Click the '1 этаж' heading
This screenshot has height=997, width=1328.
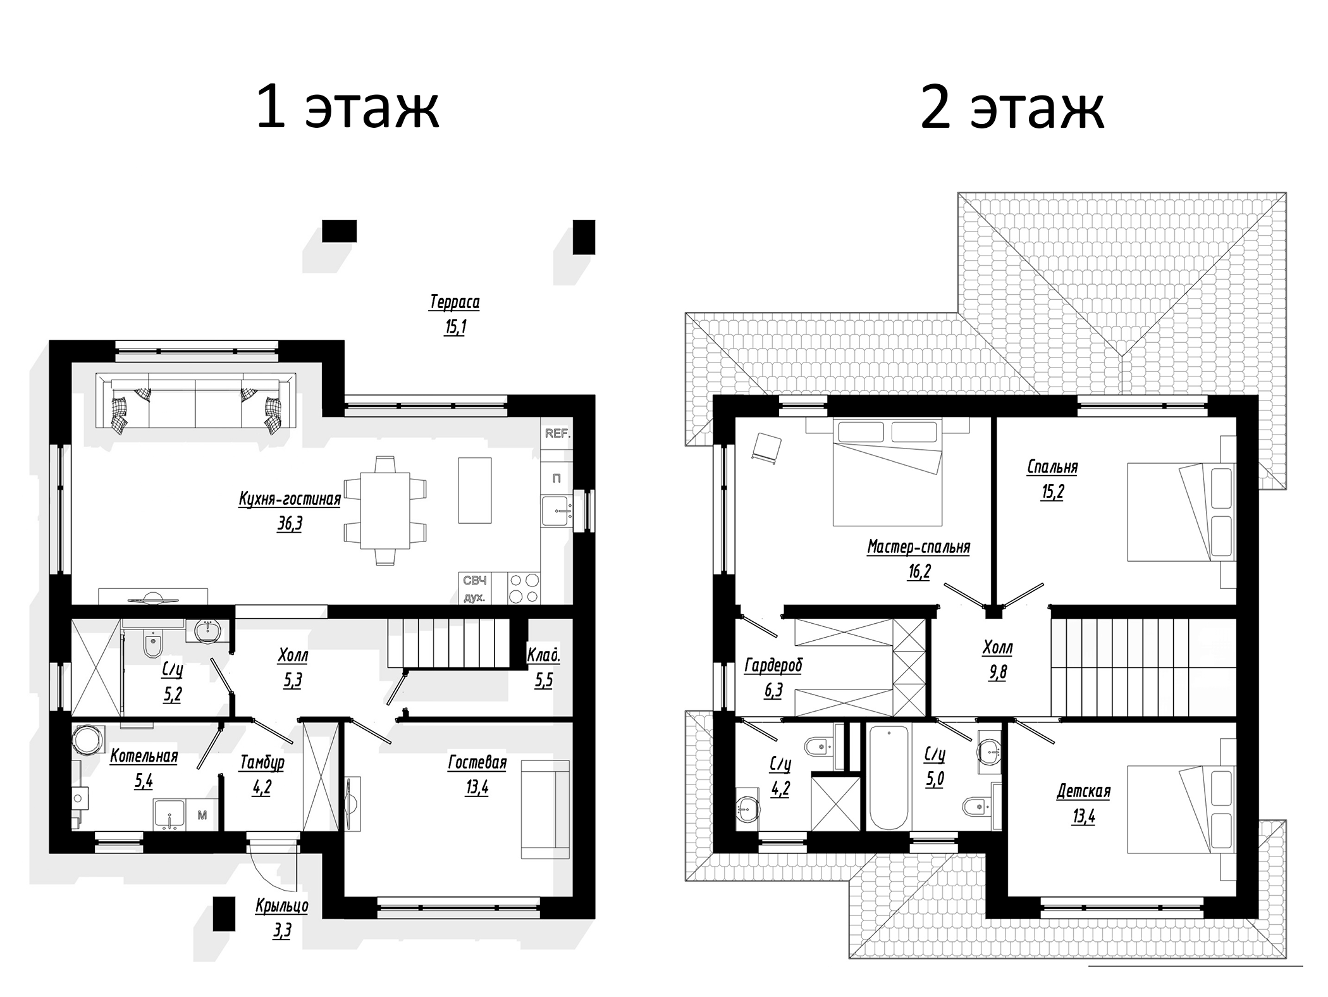coord(347,109)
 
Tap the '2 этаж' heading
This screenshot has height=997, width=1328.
coord(1012,109)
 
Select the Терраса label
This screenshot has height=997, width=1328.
coord(454,302)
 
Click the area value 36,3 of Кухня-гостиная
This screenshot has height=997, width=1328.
coord(290,524)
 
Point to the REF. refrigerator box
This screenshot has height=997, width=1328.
coord(557,434)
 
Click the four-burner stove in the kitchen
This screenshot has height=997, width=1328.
coord(524,588)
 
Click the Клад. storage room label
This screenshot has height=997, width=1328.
coord(544,655)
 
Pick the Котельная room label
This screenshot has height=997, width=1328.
coord(144,756)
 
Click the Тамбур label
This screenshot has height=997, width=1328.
coord(262,762)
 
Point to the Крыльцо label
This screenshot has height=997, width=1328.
coord(282,906)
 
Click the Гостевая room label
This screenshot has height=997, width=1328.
coord(477,762)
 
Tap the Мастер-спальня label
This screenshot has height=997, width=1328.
coord(918,547)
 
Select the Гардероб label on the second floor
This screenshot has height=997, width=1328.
coord(773,666)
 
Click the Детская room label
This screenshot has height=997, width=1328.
coord(1083,791)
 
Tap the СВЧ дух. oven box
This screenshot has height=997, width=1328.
coord(474,588)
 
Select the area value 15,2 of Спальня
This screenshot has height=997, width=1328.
coord(1052,492)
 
